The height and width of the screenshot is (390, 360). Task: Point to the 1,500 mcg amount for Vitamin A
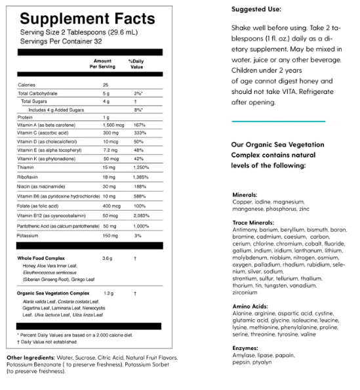[x=113, y=124]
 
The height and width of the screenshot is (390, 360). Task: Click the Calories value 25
[x=106, y=85]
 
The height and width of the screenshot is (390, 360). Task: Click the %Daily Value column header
[x=136, y=64]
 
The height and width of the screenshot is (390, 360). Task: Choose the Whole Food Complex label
[x=41, y=258]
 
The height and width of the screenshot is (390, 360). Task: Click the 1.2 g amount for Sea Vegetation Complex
[x=108, y=292]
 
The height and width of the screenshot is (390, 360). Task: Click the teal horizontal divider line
[x=278, y=121]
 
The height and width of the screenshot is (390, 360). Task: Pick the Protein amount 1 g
[x=106, y=117]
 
